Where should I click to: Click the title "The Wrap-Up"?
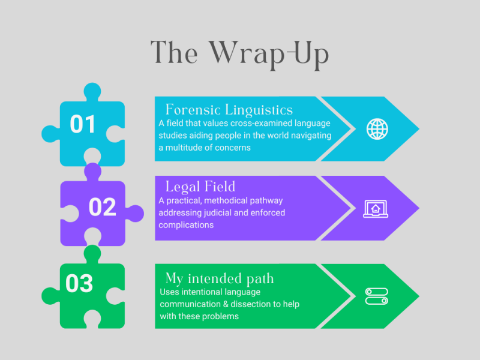point(239,54)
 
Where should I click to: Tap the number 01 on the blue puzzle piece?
point(83,124)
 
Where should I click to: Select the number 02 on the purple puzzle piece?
point(102,207)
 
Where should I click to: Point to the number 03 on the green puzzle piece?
point(79,283)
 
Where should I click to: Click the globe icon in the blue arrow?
point(377,129)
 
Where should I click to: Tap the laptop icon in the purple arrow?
point(376,209)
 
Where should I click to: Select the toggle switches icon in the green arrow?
point(377,296)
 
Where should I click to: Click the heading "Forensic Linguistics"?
point(229,110)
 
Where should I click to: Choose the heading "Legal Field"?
point(200,187)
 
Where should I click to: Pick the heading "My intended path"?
point(220,278)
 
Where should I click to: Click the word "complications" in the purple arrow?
point(186,226)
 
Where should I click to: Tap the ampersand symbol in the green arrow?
point(226,304)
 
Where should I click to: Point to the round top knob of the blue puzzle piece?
point(92,91)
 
